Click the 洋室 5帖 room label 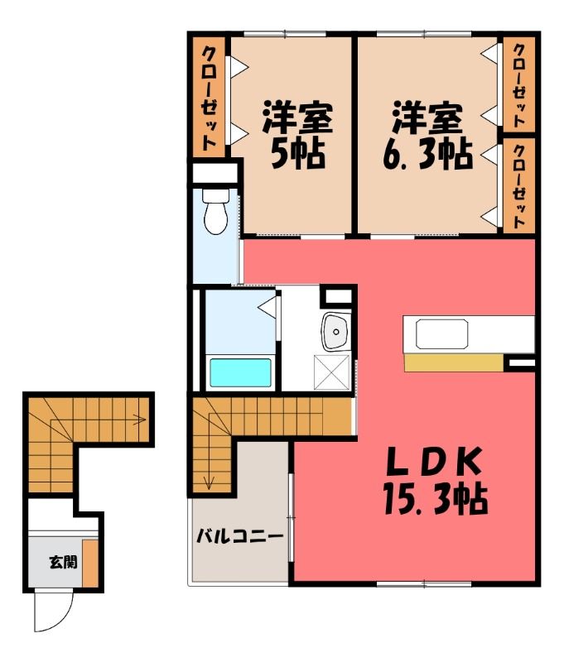coord(297,134)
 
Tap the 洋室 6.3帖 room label coord(427,134)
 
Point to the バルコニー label coord(239,536)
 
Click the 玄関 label coord(64,562)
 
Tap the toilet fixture coord(216,211)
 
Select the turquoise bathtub coord(240,372)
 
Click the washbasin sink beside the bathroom coord(336,332)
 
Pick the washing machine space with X coord(331,372)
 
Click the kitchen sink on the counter coord(441,334)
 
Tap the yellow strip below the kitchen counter coord(454,363)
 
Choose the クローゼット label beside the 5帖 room coord(209,98)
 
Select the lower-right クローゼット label coord(519,186)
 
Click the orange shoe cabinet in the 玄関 coord(90,563)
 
